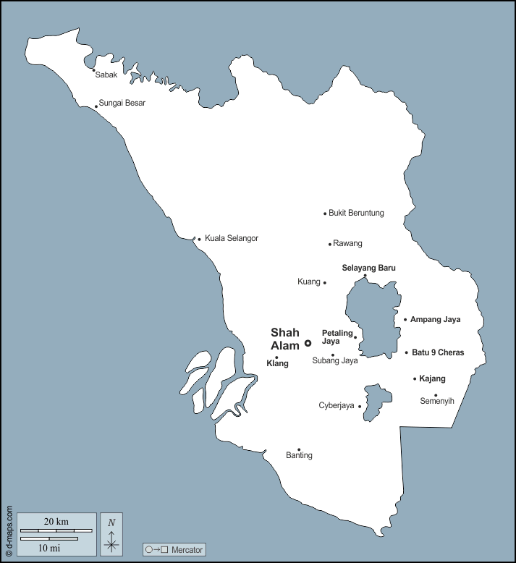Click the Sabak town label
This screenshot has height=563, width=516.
pos(106,75)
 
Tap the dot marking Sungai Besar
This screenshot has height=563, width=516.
pos(96,107)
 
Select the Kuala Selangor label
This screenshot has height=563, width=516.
pos(232,238)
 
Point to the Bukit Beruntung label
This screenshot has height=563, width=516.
pos(356,213)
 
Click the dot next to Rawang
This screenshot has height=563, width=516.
pos(330,245)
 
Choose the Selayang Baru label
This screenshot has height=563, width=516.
pos(368,268)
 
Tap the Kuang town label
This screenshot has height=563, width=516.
pos(309,281)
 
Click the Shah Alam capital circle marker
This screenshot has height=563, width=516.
pos(308,343)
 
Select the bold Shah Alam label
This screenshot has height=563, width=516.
pos(285,339)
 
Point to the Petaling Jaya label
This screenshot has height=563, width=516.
pos(337,337)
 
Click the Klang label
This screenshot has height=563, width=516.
pos(277,364)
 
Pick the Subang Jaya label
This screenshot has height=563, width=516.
pos(335,360)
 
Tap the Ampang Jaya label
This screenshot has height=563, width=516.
pos(435,319)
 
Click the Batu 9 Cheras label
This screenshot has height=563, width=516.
pos(438,353)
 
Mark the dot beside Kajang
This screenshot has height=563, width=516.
pos(415,378)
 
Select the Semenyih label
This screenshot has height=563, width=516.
pos(437,401)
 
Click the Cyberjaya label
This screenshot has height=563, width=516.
pos(337,406)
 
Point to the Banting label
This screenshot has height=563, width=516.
pos(299,456)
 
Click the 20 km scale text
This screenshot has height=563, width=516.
pos(56,522)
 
